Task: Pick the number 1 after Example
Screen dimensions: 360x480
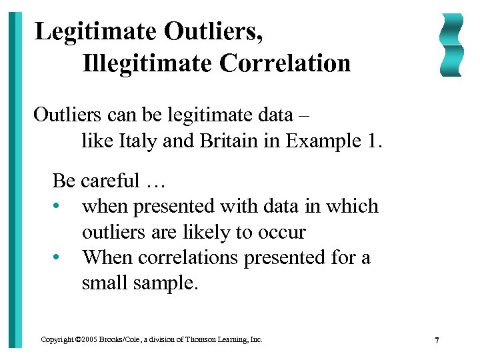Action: click(371, 141)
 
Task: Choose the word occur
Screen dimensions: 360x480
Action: click(286, 233)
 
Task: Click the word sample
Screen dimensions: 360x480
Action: click(164, 283)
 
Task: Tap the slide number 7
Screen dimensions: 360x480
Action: click(437, 341)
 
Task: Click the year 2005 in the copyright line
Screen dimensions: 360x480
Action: click(88, 339)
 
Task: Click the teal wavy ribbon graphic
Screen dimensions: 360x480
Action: click(452, 45)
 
